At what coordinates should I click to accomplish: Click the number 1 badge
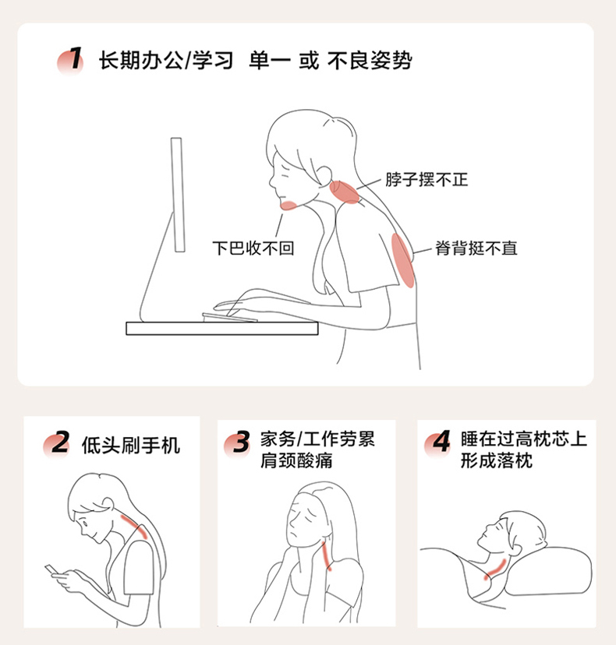(x=71, y=61)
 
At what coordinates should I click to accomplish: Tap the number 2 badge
(x=57, y=444)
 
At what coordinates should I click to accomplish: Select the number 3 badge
(x=238, y=444)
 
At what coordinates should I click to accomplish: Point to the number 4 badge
(x=438, y=444)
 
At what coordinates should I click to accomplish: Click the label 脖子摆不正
(x=427, y=180)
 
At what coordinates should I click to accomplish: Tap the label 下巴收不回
(x=253, y=248)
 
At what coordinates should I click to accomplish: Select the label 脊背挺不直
(x=476, y=248)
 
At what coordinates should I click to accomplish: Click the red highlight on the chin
(x=289, y=206)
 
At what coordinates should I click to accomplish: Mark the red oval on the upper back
(x=402, y=260)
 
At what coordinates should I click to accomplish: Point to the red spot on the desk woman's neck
(x=345, y=192)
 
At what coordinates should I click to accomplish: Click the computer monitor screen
(x=178, y=195)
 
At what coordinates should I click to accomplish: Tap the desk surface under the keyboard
(x=222, y=328)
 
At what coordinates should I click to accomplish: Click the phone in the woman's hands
(x=52, y=570)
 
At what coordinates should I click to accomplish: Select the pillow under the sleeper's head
(x=547, y=571)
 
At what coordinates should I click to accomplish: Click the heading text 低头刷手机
(x=131, y=445)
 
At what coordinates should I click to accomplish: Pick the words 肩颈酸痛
(x=296, y=460)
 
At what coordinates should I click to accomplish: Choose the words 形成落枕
(x=497, y=460)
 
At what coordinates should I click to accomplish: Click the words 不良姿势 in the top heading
(x=370, y=61)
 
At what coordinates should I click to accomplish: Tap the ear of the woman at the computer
(x=324, y=174)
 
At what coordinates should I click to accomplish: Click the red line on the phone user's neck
(x=134, y=526)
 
